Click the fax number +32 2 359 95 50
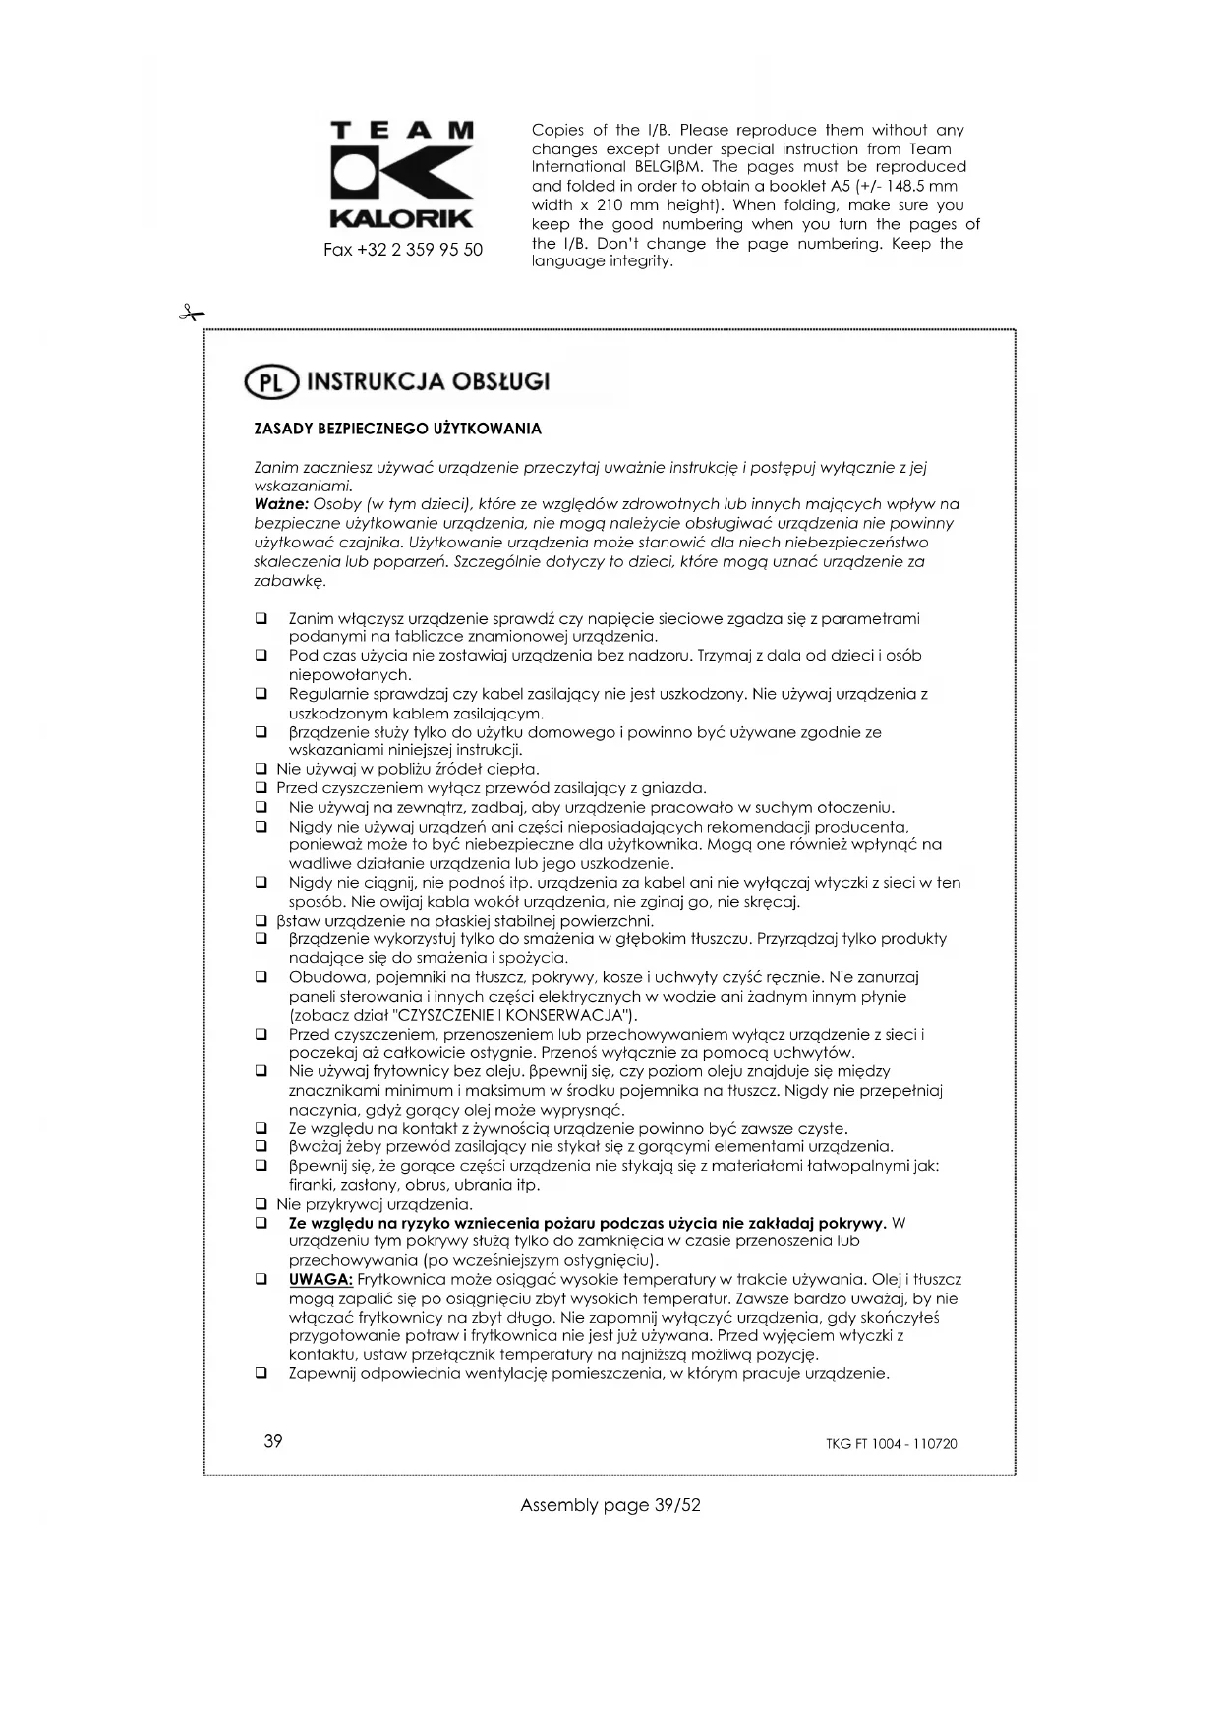403,250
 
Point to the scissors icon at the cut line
191,314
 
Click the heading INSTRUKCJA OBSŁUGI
429,381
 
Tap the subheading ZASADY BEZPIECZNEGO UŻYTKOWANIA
397,429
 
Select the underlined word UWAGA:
320,1279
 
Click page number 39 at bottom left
273,1441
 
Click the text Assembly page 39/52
610,1505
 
